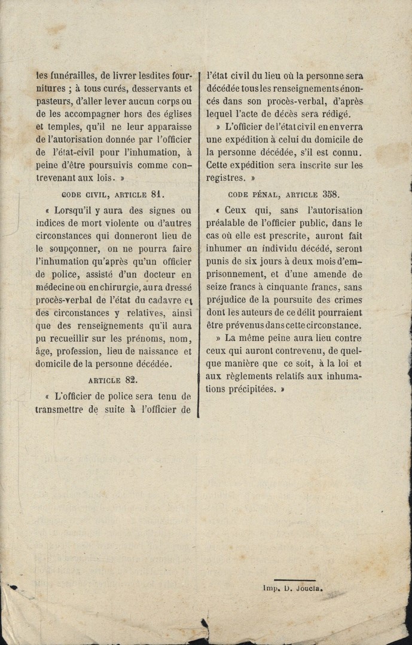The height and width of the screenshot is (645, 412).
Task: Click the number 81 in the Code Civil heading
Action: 157,193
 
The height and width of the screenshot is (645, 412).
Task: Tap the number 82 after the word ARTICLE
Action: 130,379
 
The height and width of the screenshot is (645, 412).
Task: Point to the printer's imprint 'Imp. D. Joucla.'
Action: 293,587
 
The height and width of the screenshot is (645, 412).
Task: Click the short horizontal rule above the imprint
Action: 294,579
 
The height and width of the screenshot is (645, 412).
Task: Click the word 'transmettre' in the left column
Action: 60,409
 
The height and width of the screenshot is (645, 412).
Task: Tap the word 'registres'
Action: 225,177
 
